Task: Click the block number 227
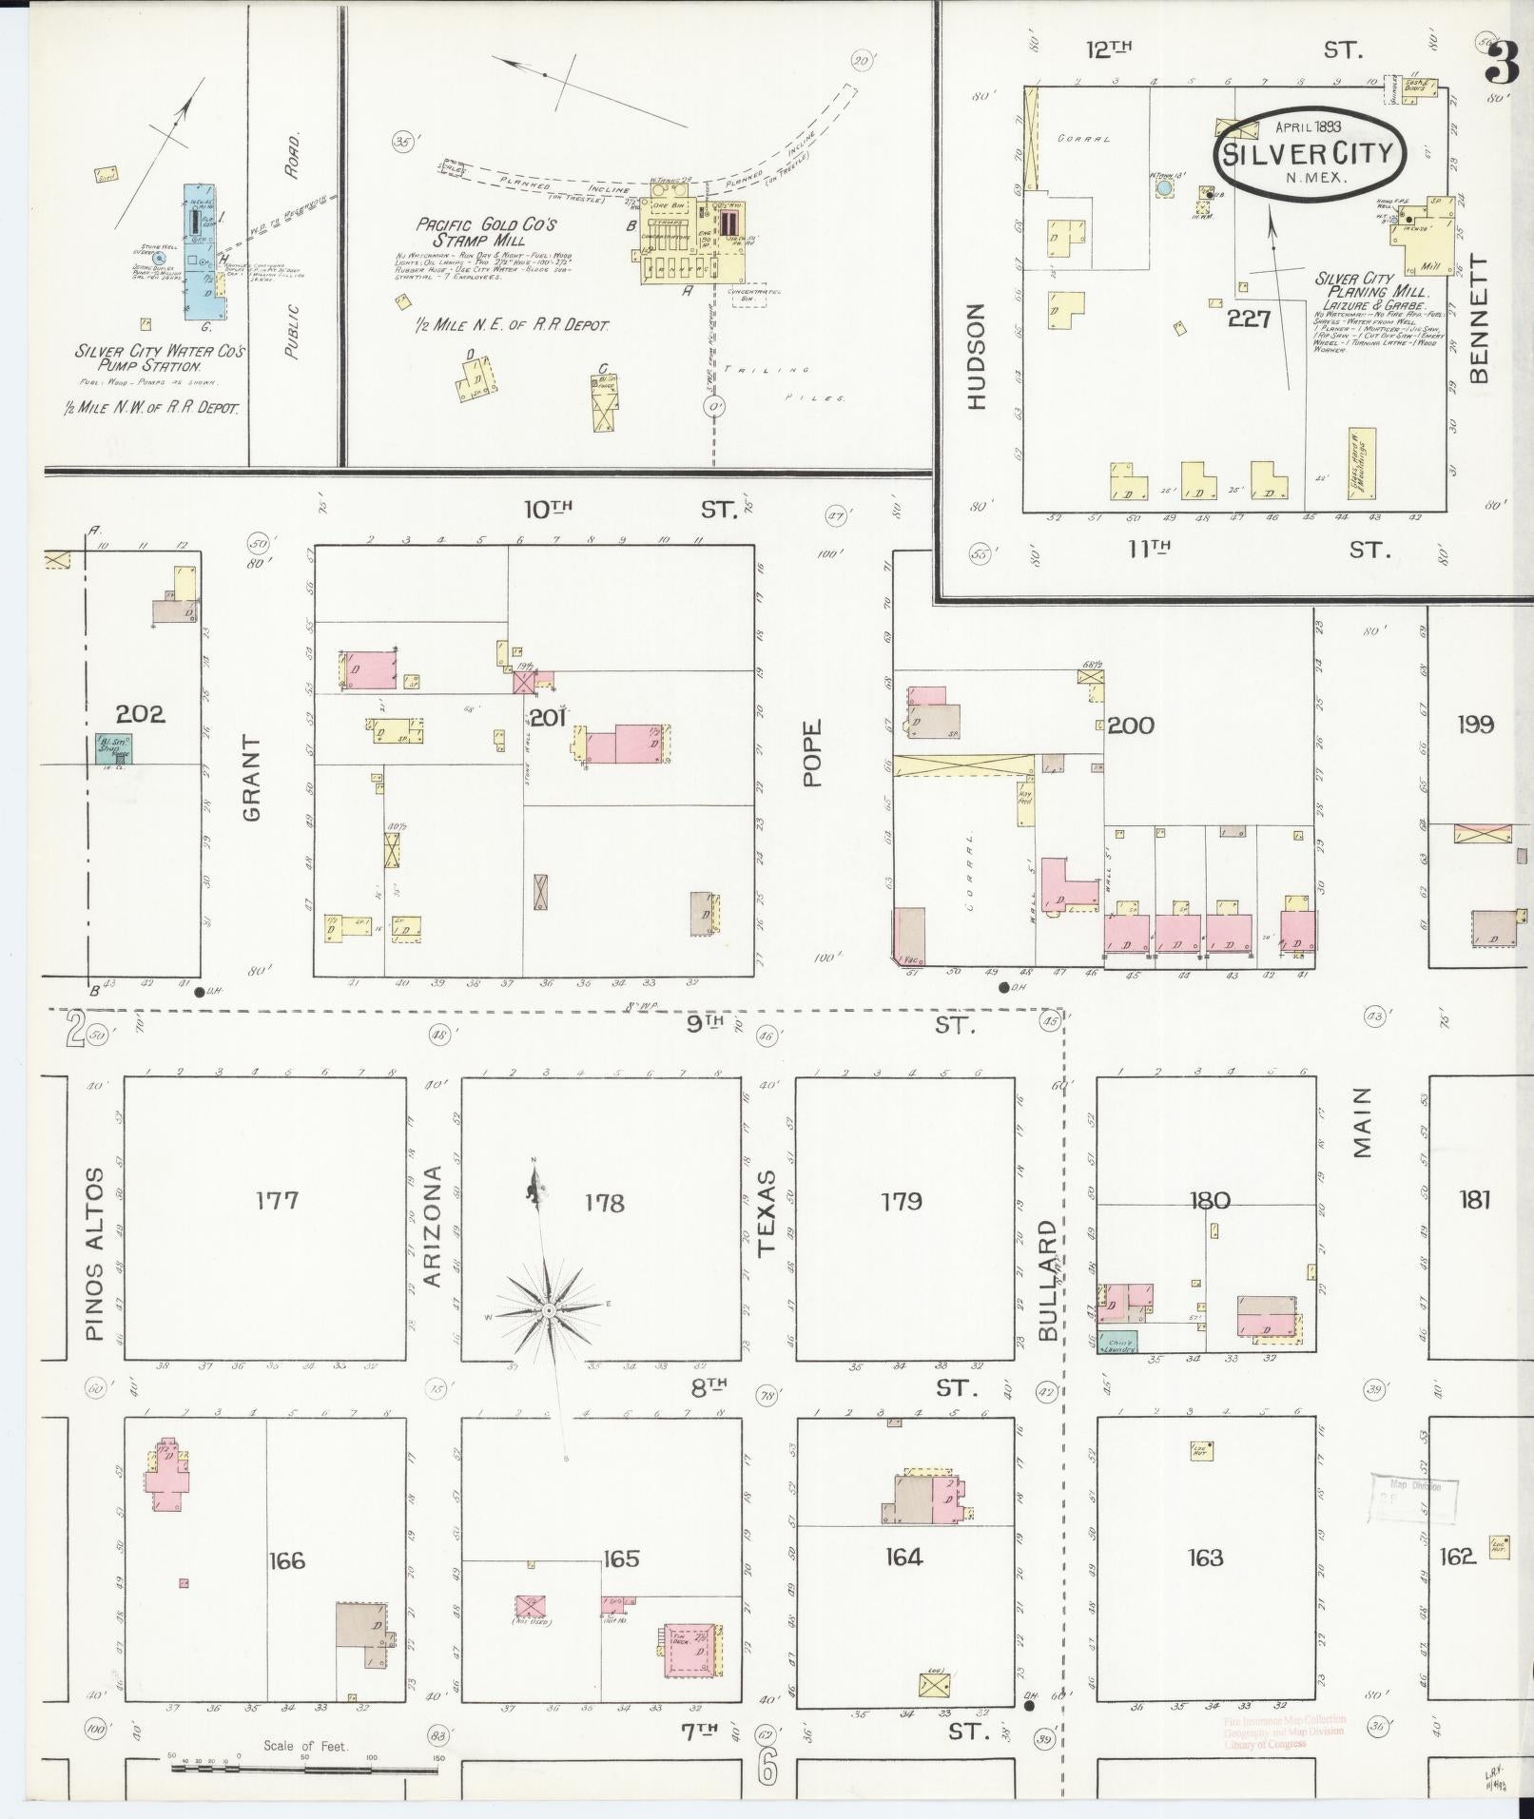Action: [1249, 319]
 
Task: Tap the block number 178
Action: [605, 1204]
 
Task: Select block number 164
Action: [903, 1557]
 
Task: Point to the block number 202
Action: [140, 713]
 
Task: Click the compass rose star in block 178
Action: [550, 1310]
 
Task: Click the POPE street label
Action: [811, 752]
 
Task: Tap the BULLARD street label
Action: [1048, 1281]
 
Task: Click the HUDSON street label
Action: [978, 357]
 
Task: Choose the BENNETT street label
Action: [1478, 319]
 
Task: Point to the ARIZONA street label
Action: [433, 1227]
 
